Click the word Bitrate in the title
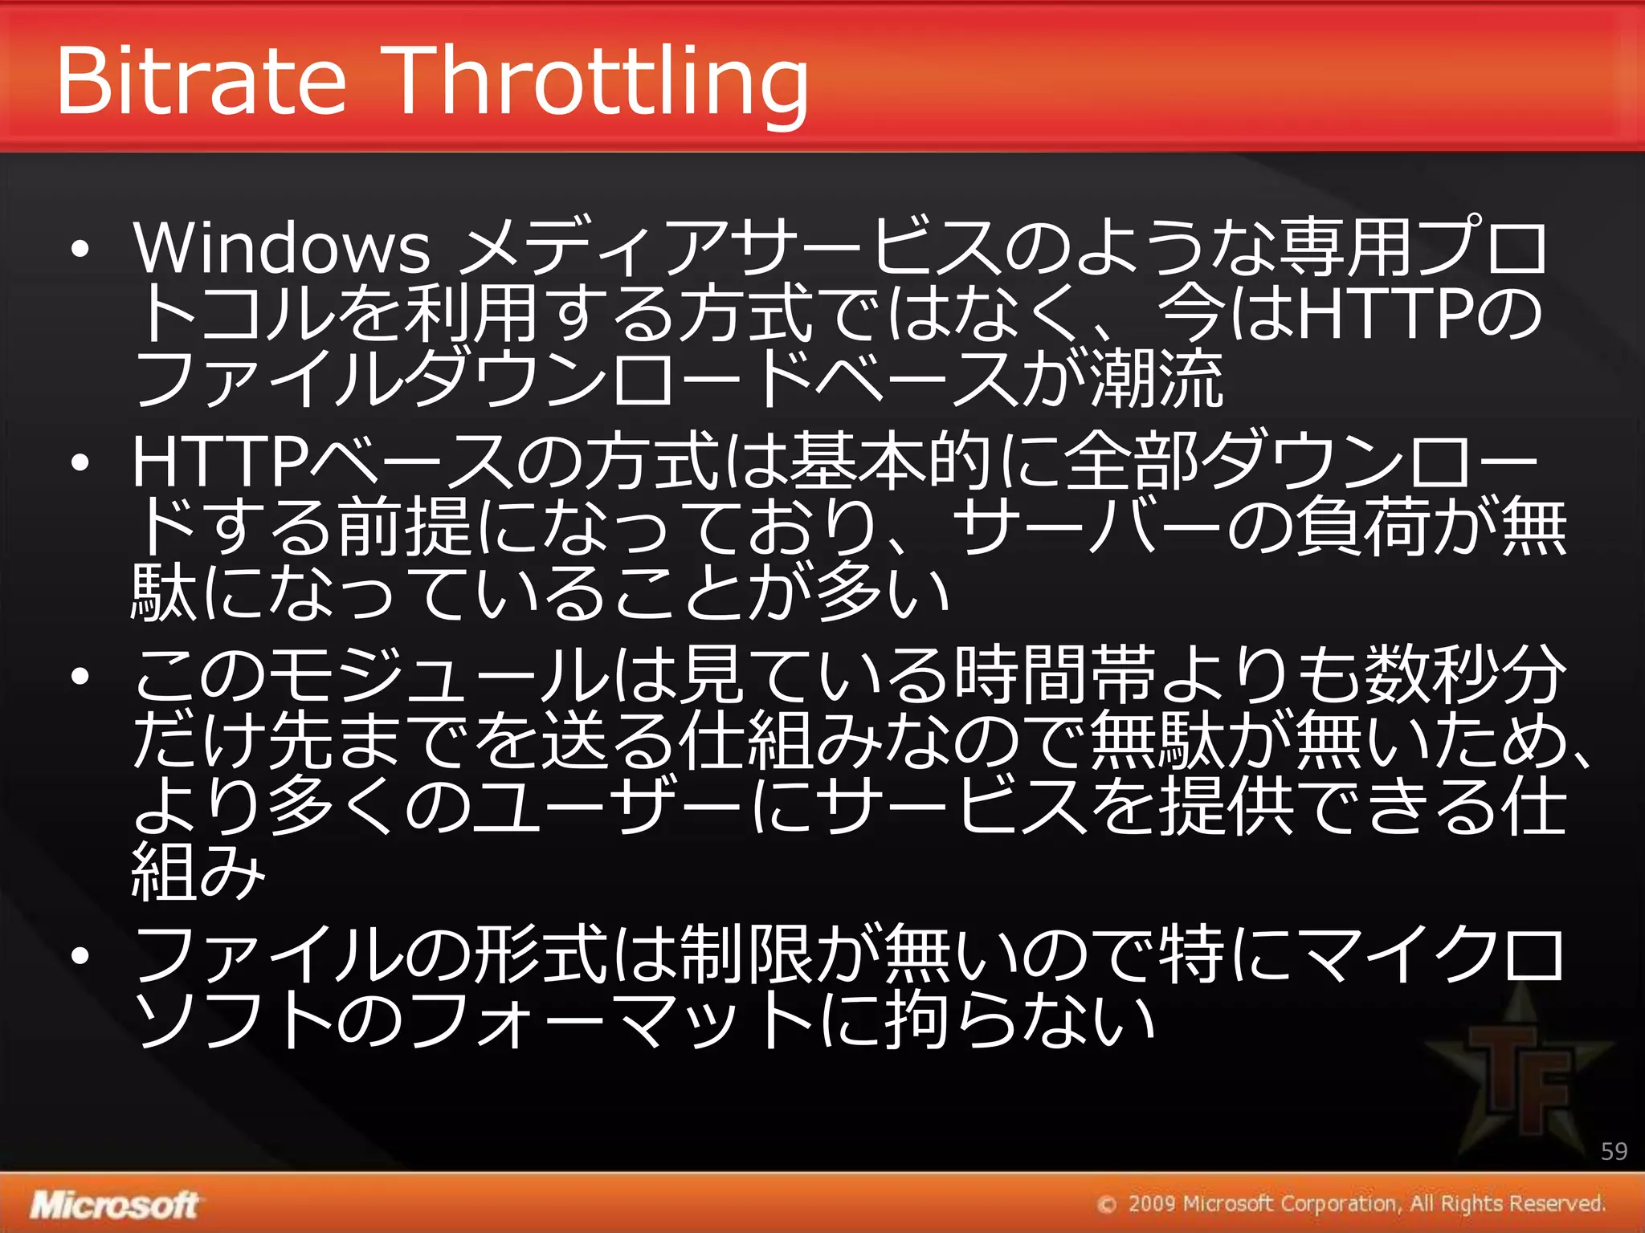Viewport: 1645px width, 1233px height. [x=201, y=80]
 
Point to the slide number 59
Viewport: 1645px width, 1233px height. [x=1614, y=1151]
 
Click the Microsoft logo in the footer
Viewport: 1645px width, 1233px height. [x=114, y=1204]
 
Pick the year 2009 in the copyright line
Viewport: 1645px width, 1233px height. [x=1152, y=1204]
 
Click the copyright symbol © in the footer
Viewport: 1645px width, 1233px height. [x=1108, y=1205]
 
